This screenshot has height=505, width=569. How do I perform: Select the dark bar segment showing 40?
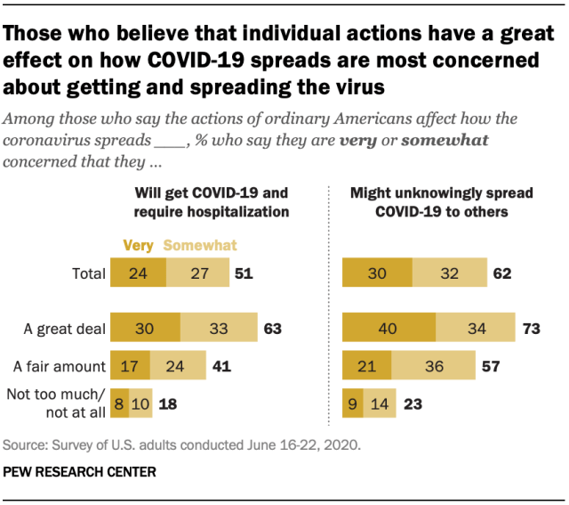click(x=389, y=329)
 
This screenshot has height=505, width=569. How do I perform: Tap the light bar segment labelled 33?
click(x=218, y=329)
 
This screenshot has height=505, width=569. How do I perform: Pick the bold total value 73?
click(x=533, y=329)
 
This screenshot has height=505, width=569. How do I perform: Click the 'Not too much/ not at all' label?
click(x=55, y=403)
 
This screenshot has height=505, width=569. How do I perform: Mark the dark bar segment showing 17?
click(x=129, y=366)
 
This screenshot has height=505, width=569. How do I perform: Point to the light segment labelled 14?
click(x=379, y=403)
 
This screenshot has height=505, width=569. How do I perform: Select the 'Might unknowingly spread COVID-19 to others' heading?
click(x=429, y=201)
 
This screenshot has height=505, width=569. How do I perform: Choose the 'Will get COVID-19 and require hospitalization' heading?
click(x=212, y=201)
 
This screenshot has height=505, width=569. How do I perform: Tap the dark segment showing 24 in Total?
click(x=136, y=273)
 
